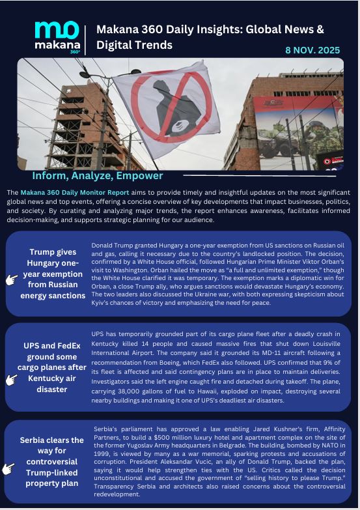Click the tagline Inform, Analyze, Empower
(98, 176)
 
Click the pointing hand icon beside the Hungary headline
(12, 279)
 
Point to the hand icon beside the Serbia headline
(9, 468)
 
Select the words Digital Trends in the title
(135, 45)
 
